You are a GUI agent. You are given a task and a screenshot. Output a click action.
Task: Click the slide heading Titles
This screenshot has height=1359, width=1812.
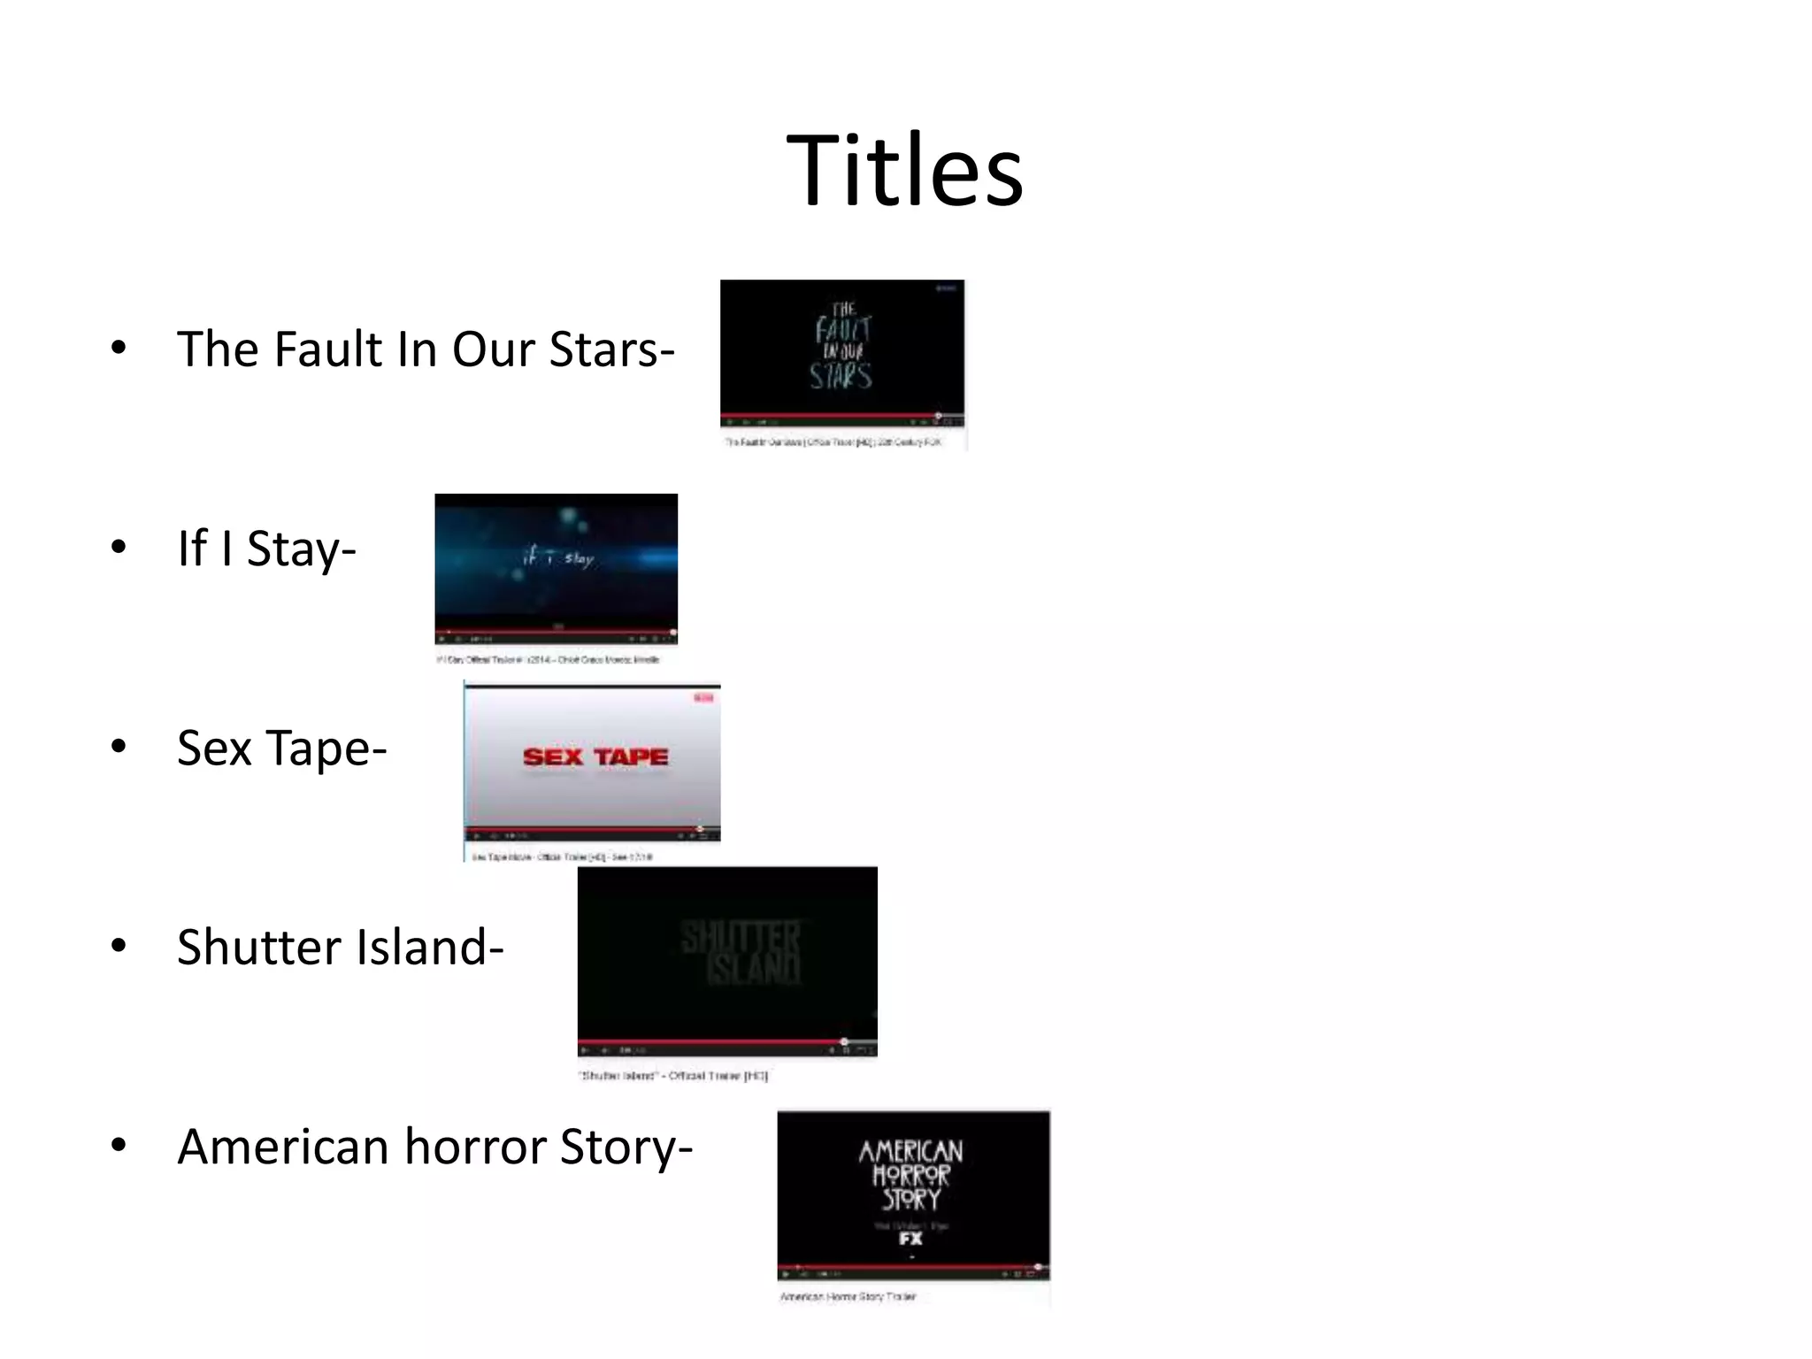904,171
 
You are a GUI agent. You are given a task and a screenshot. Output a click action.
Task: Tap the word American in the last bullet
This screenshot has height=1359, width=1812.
283,1148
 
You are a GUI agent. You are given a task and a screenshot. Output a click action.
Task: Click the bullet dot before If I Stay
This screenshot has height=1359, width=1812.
119,547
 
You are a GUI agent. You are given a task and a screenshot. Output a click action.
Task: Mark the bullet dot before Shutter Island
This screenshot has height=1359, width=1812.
119,946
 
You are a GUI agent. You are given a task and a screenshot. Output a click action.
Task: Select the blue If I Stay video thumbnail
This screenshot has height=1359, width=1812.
556,566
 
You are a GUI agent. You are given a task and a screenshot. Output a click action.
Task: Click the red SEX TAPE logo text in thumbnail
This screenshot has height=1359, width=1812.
595,757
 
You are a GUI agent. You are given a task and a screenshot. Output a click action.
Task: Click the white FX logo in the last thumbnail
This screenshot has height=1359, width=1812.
910,1239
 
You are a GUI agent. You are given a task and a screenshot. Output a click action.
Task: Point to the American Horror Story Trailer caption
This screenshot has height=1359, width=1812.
848,1297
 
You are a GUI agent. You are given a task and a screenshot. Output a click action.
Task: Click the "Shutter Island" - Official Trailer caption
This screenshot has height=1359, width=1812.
673,1076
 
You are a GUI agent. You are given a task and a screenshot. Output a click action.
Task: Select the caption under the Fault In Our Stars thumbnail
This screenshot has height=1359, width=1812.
833,441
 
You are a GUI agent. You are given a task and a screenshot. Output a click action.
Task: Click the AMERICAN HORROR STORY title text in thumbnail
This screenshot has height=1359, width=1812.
910,1174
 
